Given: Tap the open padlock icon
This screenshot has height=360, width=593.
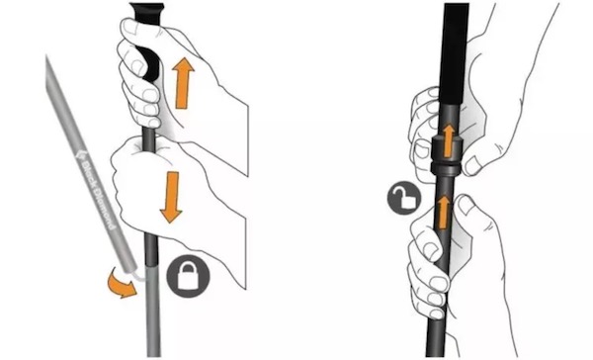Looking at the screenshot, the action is (404, 198).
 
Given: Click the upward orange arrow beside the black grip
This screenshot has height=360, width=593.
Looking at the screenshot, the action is (183, 83).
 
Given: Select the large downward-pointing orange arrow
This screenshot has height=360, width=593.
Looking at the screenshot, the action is (172, 197).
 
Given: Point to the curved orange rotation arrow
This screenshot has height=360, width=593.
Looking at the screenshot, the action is (121, 285).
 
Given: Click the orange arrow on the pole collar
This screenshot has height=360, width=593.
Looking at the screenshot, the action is (449, 140).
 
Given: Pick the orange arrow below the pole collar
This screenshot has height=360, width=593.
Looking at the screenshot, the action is (443, 212).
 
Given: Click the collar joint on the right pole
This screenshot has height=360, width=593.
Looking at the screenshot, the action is (447, 155).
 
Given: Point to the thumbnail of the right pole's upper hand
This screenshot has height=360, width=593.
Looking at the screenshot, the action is (471, 166).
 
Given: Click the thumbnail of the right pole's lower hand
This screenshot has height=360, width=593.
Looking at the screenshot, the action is (466, 206).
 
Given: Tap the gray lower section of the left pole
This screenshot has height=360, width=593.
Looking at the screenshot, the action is (153, 309).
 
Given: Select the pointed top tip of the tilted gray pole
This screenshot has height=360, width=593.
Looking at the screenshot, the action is (46, 56).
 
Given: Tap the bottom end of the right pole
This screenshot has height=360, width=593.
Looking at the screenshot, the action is (436, 355).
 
